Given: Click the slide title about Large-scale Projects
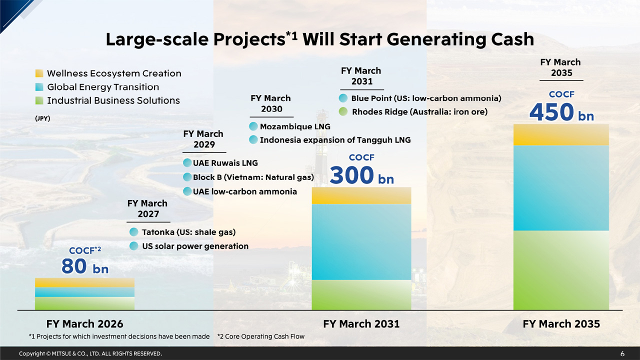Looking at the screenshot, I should coord(319,39).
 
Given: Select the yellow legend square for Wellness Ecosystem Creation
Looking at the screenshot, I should coord(39,73).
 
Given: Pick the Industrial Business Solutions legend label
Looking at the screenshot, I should coord(113,100).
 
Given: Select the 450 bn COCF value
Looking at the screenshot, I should coord(561,112).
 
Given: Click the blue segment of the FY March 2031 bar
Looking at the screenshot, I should coord(361,241).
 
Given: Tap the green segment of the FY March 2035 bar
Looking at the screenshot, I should coord(561,270).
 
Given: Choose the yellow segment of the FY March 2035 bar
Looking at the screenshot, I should coord(561,134).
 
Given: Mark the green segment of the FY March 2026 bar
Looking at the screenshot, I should coord(84,303).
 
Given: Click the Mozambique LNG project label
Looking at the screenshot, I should coord(295,126).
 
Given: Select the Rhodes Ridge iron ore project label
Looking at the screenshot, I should coord(419,112).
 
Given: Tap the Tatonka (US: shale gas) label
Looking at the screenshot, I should coord(188,232).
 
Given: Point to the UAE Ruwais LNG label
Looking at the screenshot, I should coord(225,163).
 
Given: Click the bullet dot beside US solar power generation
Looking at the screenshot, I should coord(133,246).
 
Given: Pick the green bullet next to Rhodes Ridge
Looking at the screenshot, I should coord(342,112).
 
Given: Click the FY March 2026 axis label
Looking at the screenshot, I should coord(84,323).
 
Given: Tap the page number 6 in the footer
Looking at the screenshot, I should coord(622,353).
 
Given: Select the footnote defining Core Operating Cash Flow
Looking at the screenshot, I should coord(261,336).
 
